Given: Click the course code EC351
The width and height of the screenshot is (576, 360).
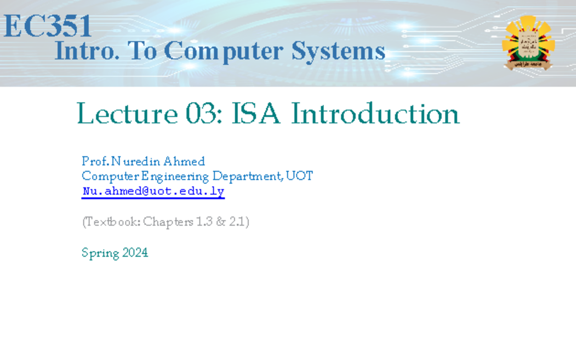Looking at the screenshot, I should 48,26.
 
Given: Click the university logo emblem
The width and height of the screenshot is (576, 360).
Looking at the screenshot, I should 528,42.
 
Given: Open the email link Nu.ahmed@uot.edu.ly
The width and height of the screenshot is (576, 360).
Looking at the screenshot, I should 153,192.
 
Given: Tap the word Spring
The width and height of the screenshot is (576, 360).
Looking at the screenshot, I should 100,253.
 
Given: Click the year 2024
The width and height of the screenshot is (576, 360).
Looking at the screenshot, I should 135,252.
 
